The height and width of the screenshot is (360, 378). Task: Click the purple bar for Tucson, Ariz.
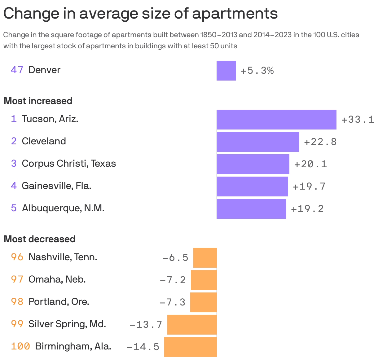coord(276,119)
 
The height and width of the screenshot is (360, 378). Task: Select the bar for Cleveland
coord(258,142)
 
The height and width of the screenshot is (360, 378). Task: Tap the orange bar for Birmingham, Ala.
coord(190,347)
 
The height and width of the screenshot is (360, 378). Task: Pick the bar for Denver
coord(226,71)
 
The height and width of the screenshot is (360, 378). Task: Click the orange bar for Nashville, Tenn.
coord(205,258)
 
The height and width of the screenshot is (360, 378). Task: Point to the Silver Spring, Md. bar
coord(192,324)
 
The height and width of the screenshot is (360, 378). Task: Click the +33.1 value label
coord(358,120)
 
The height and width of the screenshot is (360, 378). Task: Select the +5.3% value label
coord(257,71)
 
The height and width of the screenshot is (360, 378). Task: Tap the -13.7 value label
coord(146,324)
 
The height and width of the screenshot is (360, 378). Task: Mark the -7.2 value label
coord(173,280)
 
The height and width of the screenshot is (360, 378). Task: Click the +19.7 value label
coord(309,187)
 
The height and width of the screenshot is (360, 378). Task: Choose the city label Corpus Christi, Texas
coord(69,164)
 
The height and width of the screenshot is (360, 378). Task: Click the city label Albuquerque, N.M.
coord(63,208)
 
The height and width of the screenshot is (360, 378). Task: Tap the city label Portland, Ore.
coord(59,302)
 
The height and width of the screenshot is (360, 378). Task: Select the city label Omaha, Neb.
coord(57,279)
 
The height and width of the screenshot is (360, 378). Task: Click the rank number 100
coord(20,346)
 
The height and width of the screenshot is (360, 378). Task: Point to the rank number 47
coord(17,70)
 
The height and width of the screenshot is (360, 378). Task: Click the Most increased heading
coord(38,101)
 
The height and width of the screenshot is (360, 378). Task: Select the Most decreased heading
coord(40,239)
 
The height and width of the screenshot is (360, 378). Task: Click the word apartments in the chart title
coord(235,14)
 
